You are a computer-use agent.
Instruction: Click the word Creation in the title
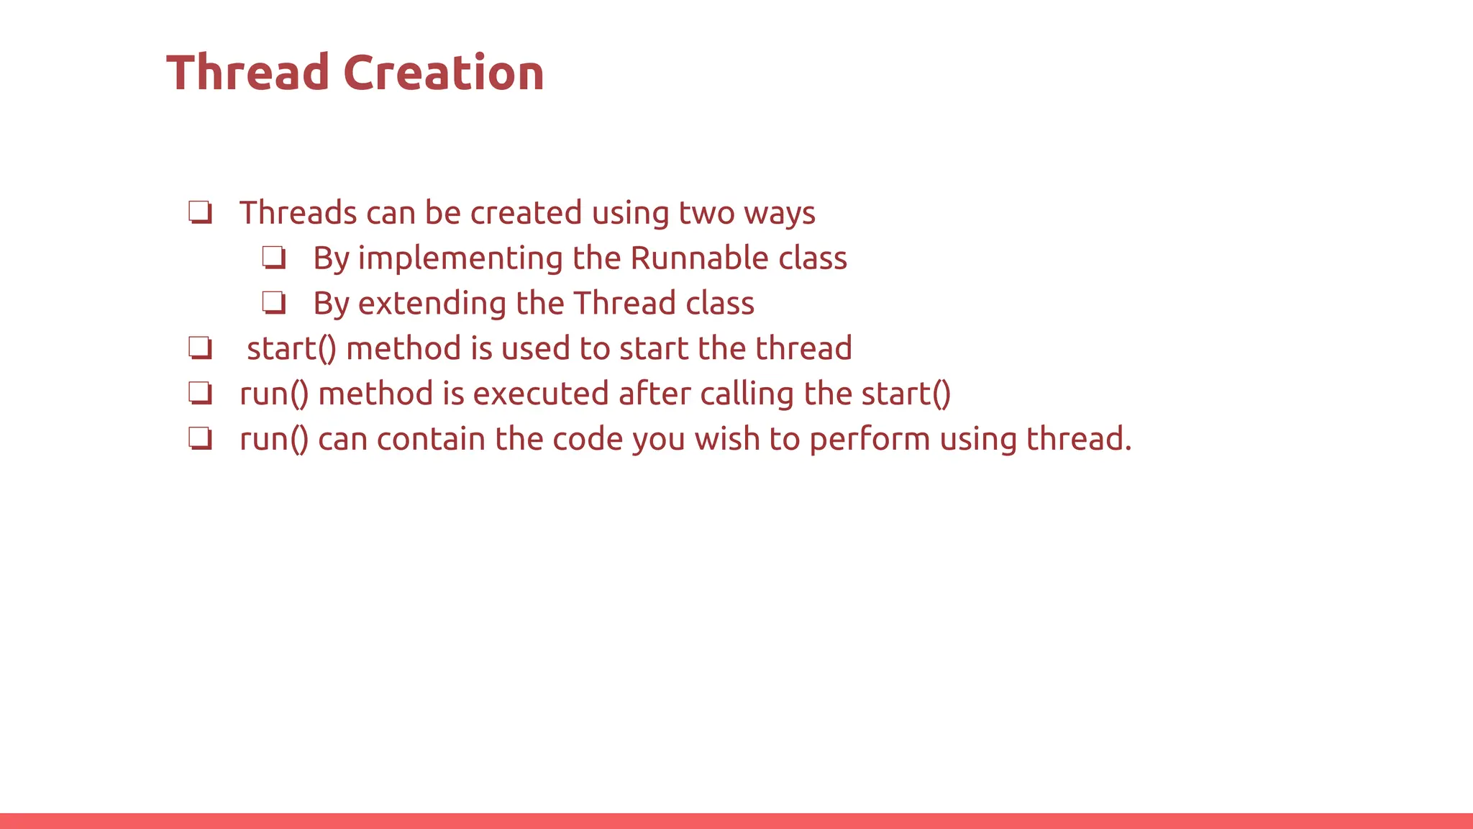(443, 73)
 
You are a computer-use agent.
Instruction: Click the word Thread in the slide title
(247, 73)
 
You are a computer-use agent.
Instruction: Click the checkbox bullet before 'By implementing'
(273, 258)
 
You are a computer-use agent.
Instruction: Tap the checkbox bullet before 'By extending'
(273, 303)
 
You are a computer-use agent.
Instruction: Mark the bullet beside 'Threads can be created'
(200, 213)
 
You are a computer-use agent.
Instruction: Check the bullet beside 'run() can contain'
(200, 438)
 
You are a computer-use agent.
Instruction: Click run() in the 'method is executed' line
(274, 394)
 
